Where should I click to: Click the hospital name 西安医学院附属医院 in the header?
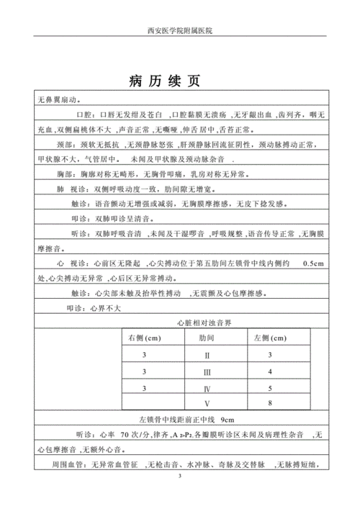tap(180, 32)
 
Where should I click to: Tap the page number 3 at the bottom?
tap(179, 497)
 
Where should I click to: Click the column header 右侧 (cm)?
tap(144, 337)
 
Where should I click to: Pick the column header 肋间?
tap(207, 337)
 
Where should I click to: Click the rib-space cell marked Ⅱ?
tap(207, 356)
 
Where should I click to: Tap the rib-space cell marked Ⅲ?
tap(207, 371)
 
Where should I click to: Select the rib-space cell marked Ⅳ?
tap(207, 388)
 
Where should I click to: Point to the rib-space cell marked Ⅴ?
tap(207, 404)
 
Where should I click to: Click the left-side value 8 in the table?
tap(269, 404)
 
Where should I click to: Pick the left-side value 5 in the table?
tap(269, 388)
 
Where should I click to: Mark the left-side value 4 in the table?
tap(269, 371)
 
